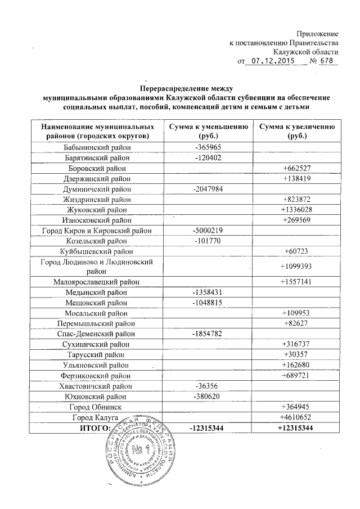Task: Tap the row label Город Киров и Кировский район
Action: pos(97,230)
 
